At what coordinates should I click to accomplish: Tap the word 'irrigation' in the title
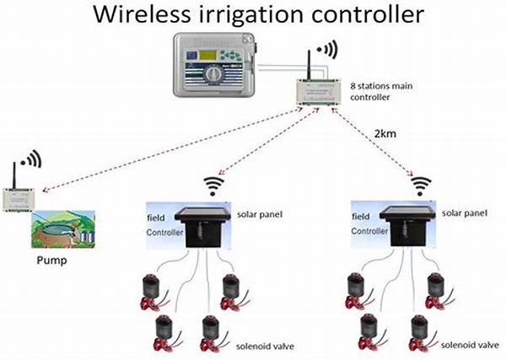coord(256,14)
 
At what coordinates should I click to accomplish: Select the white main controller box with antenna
coord(320,89)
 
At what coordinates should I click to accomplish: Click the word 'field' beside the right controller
coord(360,216)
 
